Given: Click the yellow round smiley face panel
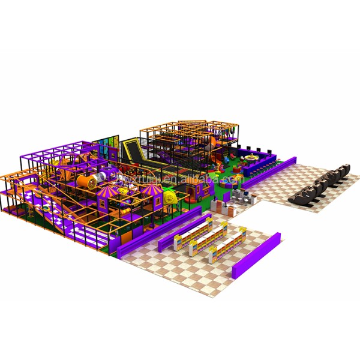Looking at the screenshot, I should point(170,196).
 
